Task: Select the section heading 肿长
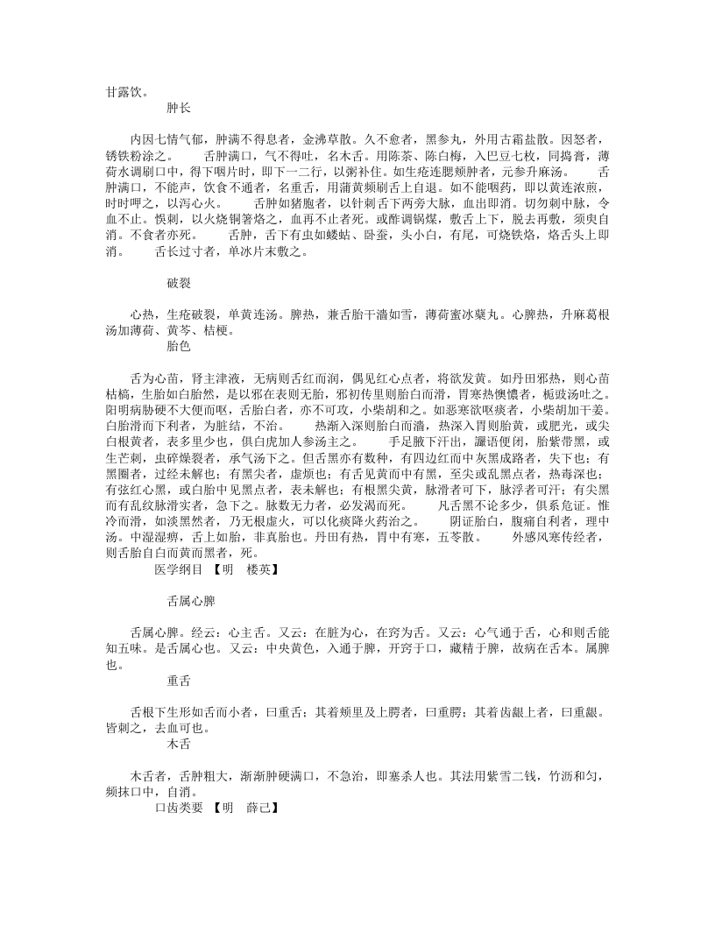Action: [179, 109]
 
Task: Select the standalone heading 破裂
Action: [179, 284]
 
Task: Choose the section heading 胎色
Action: [179, 348]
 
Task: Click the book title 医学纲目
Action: [179, 593]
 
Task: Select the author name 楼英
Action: [259, 593]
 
